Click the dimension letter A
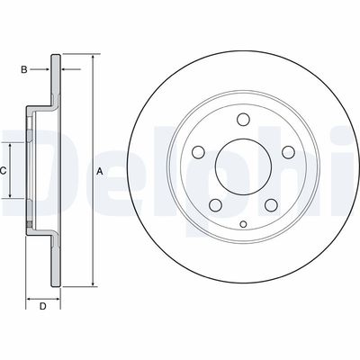click(100, 172)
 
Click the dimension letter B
click(24, 69)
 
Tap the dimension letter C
click(3, 171)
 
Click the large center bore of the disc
click(243, 166)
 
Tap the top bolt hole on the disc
click(243, 120)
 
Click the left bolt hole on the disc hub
click(199, 152)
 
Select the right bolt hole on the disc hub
click(288, 152)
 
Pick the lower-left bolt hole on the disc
click(216, 205)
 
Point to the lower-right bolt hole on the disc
click(271, 205)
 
